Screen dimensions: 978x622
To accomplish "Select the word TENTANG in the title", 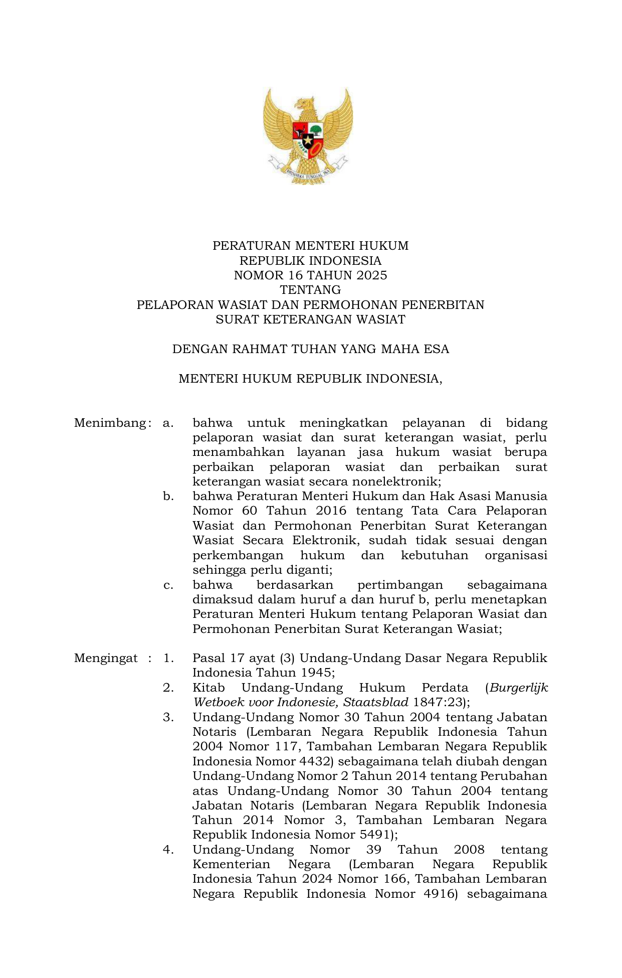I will pyautogui.click(x=310, y=290).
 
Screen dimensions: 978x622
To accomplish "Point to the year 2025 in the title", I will pyautogui.click(x=372, y=275).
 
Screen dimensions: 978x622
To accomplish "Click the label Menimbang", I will pyautogui.click(x=110, y=423).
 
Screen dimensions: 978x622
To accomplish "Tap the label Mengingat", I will pyautogui.click(x=106, y=658).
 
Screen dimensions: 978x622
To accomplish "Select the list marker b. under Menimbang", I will pyautogui.click(x=168, y=497).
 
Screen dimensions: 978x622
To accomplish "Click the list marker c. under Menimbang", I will pyautogui.click(x=168, y=585).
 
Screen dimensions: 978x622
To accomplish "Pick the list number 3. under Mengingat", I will pyautogui.click(x=168, y=717).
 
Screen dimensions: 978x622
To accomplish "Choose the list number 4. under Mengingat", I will pyautogui.click(x=168, y=850).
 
